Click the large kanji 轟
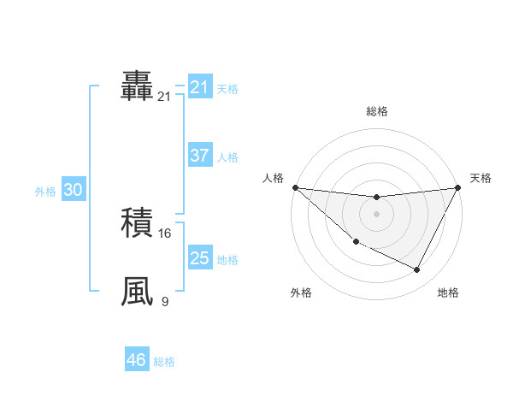pos(137,87)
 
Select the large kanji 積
pos(137,224)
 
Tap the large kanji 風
pos(137,290)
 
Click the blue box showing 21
pos(199,87)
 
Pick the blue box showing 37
pos(199,156)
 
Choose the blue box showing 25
pos(199,258)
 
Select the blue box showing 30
pos(73,190)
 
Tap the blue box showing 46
pos(137,360)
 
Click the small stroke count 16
pos(165,234)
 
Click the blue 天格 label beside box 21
pos(227,89)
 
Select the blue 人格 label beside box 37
pos(227,157)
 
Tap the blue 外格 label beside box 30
pos(45,192)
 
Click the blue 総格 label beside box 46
pos(165,362)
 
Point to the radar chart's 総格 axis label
pos(377,111)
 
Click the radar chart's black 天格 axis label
pos(481,178)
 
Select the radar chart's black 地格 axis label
pos(448,293)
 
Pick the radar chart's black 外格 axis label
pos(301,293)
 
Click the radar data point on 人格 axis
pos(295,186)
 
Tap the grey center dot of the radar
pos(376,214)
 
